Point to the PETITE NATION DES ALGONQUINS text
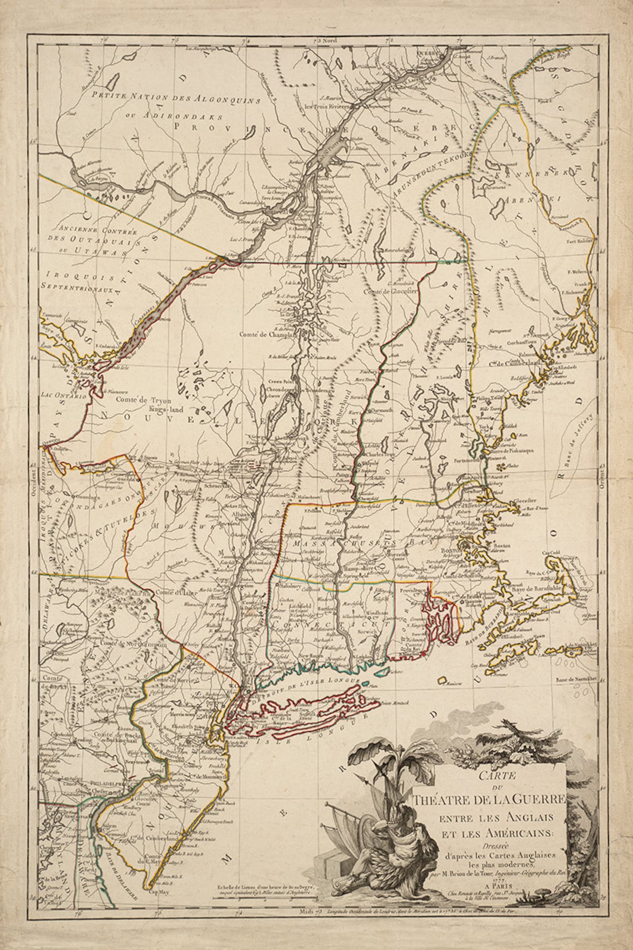(175, 97)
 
